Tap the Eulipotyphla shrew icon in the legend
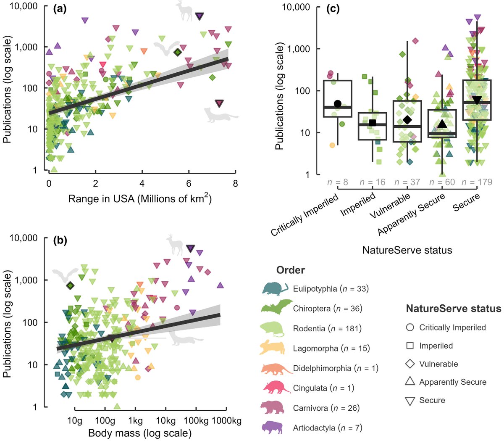[275, 289]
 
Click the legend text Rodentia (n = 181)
[327, 328]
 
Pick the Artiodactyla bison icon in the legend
[275, 427]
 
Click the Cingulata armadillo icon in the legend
[276, 388]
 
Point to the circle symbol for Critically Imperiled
[410, 327]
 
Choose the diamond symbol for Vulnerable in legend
[410, 364]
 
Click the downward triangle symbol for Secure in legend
[410, 401]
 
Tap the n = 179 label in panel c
[477, 182]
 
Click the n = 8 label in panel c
[338, 182]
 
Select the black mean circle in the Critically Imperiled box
[337, 104]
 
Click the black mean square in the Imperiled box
[372, 123]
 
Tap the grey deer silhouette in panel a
[184, 11]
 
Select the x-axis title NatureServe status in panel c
[407, 251]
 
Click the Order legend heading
[290, 270]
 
